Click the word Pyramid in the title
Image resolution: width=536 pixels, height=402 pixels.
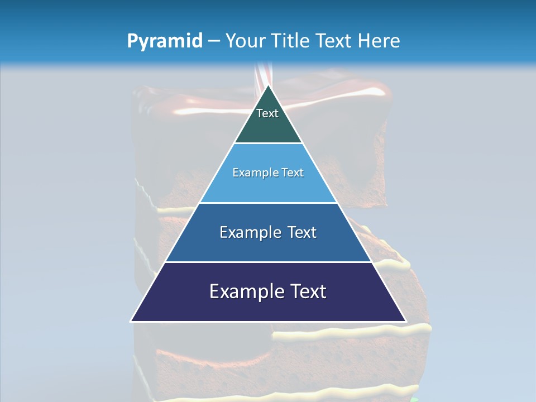164,41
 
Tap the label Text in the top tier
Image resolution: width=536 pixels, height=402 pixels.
267,113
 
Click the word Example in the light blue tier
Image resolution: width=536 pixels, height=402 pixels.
251,173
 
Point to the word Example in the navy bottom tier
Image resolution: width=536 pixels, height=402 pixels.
243,291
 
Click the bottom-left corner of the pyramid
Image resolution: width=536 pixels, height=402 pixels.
131,321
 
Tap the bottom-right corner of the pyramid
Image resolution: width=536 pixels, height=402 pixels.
405,321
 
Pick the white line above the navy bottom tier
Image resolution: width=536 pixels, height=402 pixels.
268,262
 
